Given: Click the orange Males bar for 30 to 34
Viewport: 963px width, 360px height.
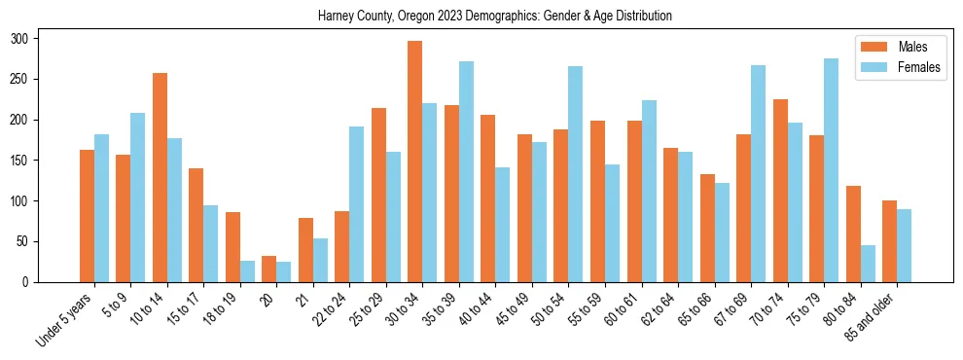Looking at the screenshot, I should [x=415, y=162].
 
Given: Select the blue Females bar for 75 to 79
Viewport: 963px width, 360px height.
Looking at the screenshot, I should [x=831, y=170].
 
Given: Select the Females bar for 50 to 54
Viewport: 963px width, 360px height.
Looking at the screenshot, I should [x=576, y=174].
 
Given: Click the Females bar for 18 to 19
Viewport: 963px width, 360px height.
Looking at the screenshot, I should [x=247, y=271].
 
